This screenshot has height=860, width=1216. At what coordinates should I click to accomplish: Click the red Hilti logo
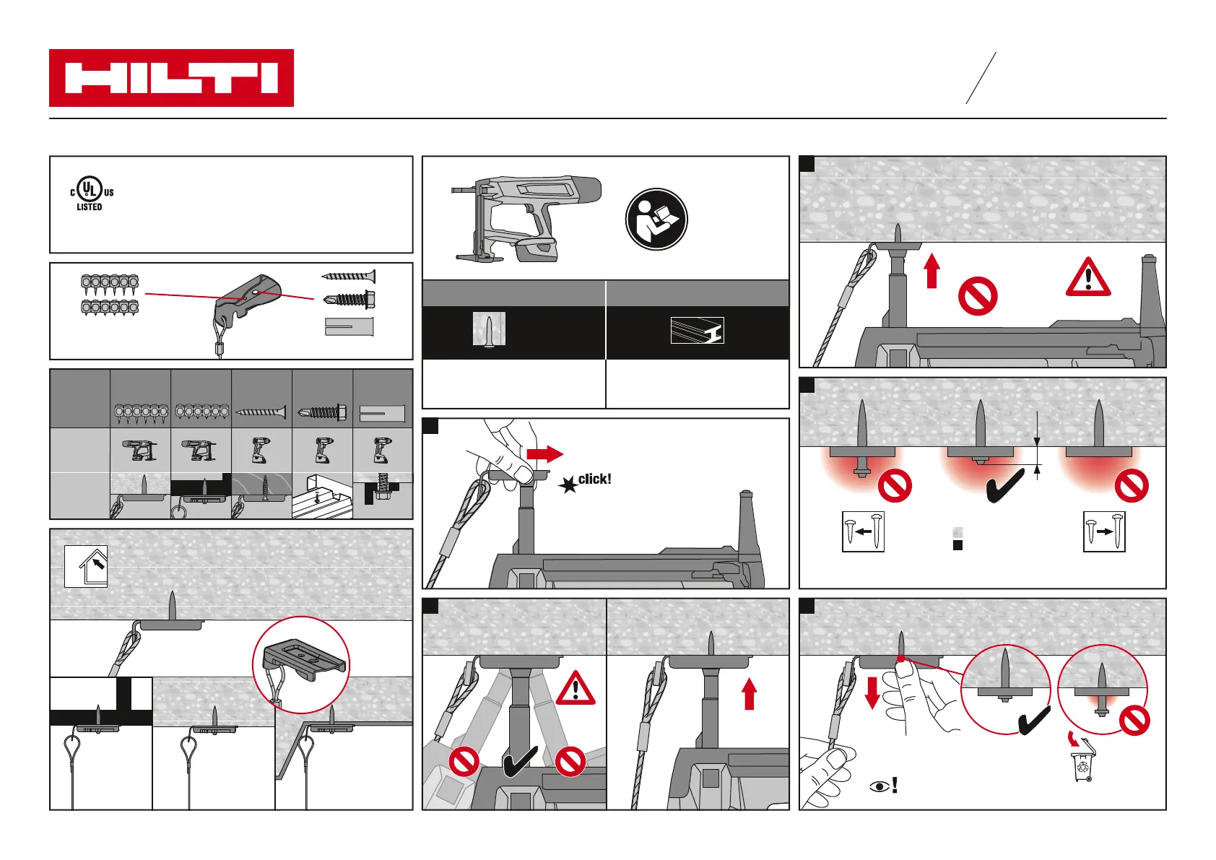click(x=171, y=78)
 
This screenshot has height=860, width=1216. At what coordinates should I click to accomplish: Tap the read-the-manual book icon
click(x=656, y=220)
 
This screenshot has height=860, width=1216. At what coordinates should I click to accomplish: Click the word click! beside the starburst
click(x=594, y=479)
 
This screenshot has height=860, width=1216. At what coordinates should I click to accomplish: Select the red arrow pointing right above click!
click(x=545, y=453)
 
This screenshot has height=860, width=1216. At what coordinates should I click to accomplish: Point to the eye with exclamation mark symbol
click(x=884, y=785)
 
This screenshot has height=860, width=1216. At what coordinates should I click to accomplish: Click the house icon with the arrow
click(x=86, y=566)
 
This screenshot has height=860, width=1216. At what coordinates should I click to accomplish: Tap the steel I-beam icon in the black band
click(x=697, y=331)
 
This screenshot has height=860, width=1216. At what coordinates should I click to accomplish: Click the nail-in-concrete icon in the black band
click(x=489, y=330)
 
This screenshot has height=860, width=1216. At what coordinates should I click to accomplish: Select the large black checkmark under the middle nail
click(x=1005, y=486)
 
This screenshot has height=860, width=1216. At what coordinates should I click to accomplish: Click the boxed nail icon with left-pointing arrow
click(x=863, y=531)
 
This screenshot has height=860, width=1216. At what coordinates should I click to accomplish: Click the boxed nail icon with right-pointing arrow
click(x=1104, y=531)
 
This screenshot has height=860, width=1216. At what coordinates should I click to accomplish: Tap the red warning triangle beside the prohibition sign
click(x=1088, y=278)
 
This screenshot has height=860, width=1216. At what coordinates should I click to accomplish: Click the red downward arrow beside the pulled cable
click(x=872, y=691)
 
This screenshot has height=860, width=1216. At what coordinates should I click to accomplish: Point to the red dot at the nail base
click(x=901, y=659)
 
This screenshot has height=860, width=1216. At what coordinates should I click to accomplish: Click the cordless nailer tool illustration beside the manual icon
click(x=526, y=217)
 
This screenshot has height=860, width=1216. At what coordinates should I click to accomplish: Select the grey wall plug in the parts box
click(x=349, y=326)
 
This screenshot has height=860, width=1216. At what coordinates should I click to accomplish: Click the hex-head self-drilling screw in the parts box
click(x=350, y=298)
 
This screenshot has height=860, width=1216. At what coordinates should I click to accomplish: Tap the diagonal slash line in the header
click(x=981, y=78)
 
